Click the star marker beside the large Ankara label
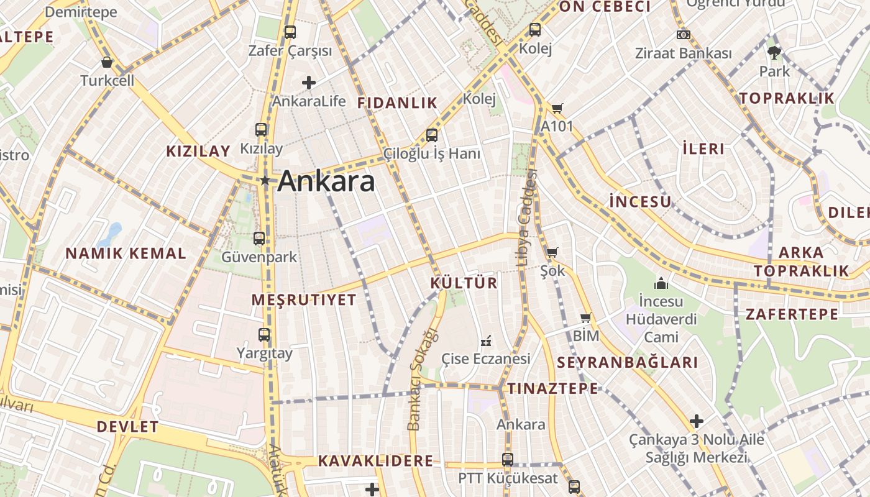265,180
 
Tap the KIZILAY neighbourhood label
198,151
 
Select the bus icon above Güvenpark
259,238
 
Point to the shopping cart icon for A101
557,109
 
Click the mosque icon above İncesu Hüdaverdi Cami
661,284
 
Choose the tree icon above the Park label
774,53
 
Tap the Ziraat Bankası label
683,53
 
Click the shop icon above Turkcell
107,62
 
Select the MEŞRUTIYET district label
304,300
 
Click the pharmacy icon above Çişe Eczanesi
486,341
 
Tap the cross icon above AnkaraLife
309,82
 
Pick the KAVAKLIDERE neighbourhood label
375,461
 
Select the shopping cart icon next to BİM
585,318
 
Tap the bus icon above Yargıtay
264,335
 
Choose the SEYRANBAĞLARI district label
627,363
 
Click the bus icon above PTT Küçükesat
508,460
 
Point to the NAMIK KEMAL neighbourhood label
126,253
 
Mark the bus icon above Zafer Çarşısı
290,32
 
